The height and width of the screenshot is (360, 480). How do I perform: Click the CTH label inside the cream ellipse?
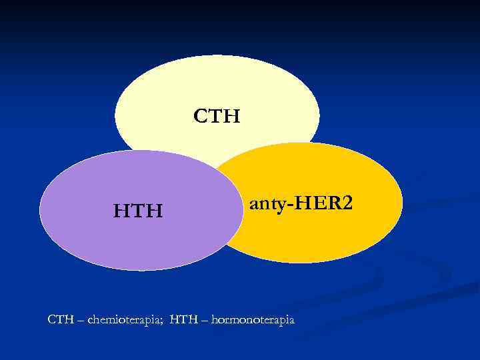[x=217, y=117]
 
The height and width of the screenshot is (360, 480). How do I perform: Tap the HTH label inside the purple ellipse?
[x=138, y=212]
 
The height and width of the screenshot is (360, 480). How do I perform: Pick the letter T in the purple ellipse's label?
[x=138, y=212]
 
